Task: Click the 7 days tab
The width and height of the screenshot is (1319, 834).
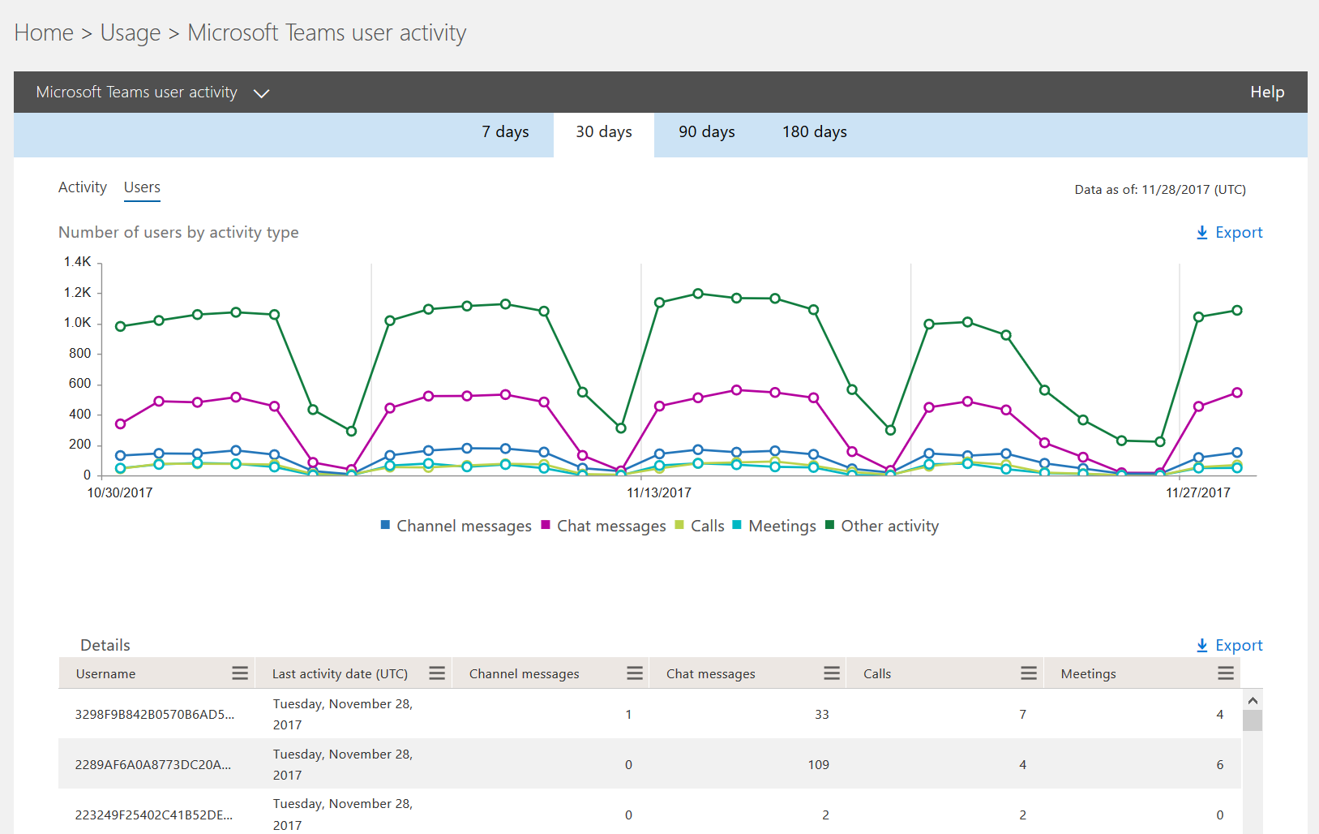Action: pos(505,132)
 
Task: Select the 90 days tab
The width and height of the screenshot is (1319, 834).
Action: pos(706,132)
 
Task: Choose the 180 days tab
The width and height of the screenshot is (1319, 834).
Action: pos(814,132)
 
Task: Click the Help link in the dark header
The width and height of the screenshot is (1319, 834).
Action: pos(1266,92)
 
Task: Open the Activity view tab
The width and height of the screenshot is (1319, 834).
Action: pos(83,187)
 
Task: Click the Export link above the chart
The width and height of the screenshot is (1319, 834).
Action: pos(1229,233)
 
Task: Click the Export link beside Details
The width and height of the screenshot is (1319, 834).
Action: pos(1229,646)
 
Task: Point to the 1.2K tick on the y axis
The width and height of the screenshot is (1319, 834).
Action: pos(78,293)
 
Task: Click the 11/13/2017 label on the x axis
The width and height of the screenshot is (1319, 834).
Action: pos(659,493)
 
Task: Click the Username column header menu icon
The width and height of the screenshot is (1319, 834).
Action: pos(240,673)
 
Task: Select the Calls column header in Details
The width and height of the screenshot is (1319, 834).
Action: pos(877,674)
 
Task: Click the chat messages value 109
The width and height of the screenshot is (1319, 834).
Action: pos(818,765)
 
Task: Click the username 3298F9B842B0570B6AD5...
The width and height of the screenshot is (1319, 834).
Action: pos(154,715)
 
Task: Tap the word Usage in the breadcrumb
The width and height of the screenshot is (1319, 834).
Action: pos(131,33)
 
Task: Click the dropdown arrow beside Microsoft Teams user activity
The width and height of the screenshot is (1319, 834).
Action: pos(261,93)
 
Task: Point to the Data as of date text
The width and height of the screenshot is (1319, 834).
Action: pos(1159,190)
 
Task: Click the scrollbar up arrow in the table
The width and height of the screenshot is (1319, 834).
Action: pos(1253,700)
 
